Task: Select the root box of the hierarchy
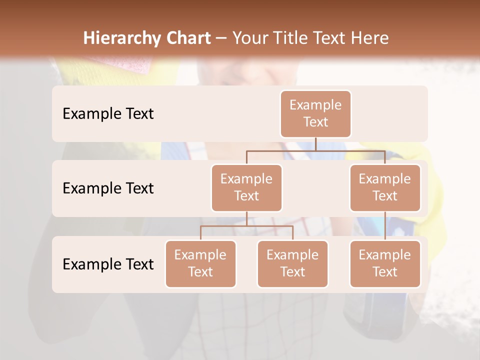click(x=315, y=114)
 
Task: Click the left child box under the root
click(x=246, y=188)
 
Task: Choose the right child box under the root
click(x=385, y=188)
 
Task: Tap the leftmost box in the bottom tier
click(x=200, y=264)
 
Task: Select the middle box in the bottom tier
click(x=292, y=264)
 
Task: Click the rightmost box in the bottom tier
click(x=385, y=264)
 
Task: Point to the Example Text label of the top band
click(x=108, y=114)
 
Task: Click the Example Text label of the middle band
click(x=108, y=188)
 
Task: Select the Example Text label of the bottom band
click(x=108, y=264)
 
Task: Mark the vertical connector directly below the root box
click(x=315, y=144)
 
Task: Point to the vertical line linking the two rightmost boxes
click(x=385, y=226)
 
